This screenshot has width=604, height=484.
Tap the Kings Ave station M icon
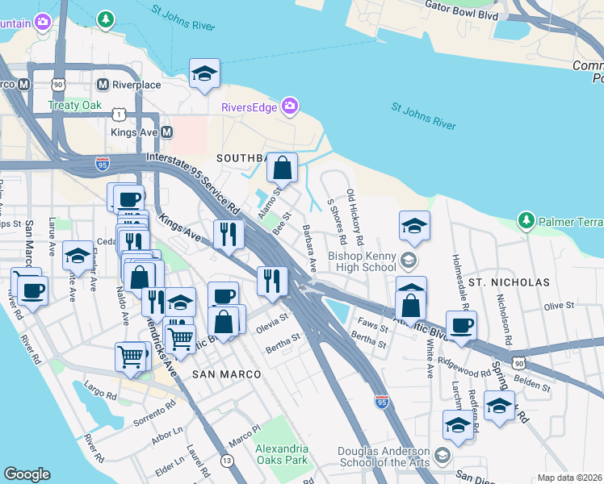[167, 131]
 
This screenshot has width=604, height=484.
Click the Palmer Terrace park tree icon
[526, 219]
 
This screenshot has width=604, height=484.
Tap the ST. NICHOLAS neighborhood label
[508, 282]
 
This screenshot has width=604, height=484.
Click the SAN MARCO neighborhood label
[226, 375]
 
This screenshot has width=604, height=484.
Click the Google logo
[27, 474]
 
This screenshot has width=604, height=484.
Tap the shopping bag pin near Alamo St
[283, 169]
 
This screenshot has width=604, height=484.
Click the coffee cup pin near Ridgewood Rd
[461, 326]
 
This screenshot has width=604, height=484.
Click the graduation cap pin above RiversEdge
[205, 74]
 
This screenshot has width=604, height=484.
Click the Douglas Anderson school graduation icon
[442, 456]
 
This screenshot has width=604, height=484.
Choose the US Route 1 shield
[120, 114]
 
